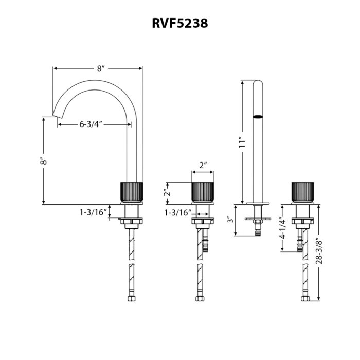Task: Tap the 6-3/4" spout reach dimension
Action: tap(91, 124)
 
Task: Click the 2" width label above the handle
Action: tap(203, 165)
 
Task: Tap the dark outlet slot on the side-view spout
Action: tap(258, 117)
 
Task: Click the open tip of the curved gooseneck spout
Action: tap(57, 114)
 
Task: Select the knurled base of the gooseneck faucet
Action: tap(132, 192)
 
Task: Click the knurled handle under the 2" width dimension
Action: tap(203, 192)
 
